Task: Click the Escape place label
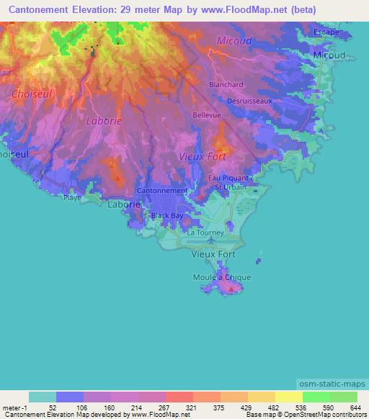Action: [326, 32]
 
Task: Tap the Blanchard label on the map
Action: [226, 84]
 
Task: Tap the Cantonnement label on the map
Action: [162, 191]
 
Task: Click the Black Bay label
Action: [166, 215]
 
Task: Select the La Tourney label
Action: [205, 233]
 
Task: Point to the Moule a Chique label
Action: [222, 277]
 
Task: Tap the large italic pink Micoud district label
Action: [234, 41]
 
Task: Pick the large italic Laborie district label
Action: [104, 121]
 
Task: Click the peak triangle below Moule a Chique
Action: [231, 290]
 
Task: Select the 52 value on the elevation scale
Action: [51, 407]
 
